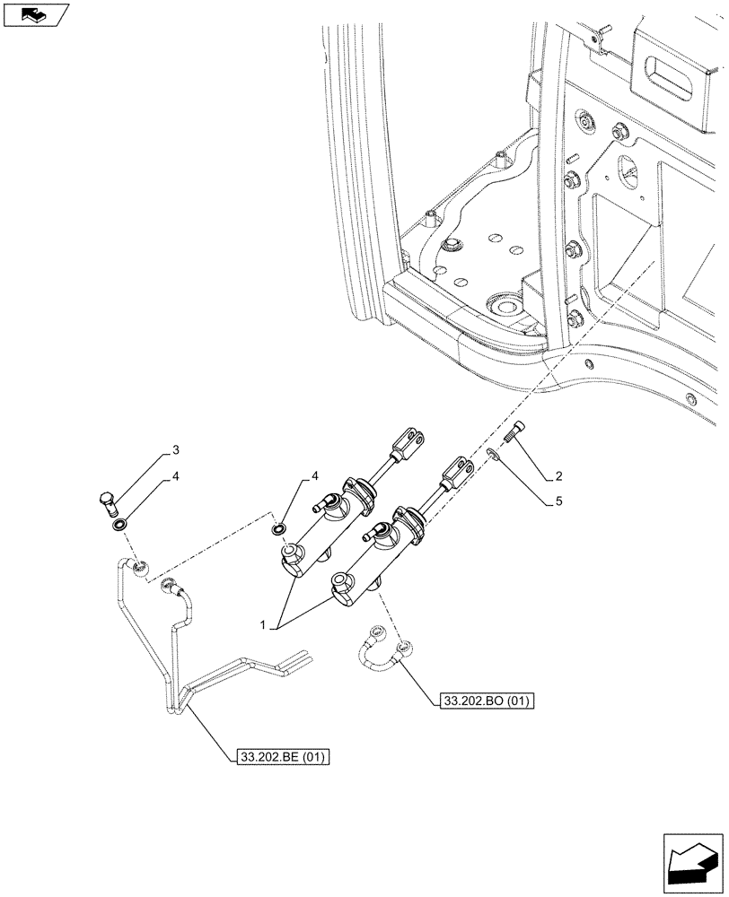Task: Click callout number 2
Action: coord(558,475)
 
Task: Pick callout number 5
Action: coord(558,502)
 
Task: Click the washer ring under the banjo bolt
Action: coord(118,523)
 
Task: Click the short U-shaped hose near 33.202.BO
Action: coord(380,652)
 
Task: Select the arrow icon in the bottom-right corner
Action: coord(691,859)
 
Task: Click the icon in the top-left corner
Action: coord(35,15)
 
